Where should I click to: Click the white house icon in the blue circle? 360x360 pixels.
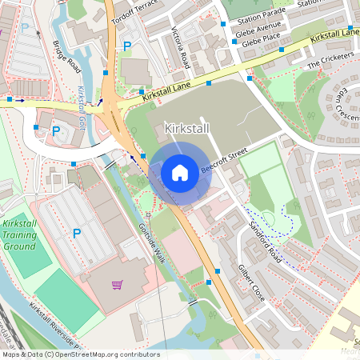tap(180, 173)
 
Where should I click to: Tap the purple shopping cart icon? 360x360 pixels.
tap(117, 284)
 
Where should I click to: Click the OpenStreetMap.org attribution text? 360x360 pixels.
tap(104, 354)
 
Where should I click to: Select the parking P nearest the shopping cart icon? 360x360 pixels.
tap(77, 233)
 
